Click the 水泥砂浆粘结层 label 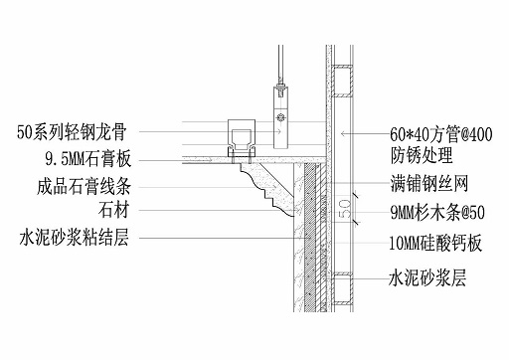pyautogui.click(x=76, y=237)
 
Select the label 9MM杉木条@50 pyautogui.click(x=436, y=212)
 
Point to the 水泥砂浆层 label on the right pyautogui.click(x=425, y=280)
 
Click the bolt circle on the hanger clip pyautogui.click(x=280, y=116)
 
